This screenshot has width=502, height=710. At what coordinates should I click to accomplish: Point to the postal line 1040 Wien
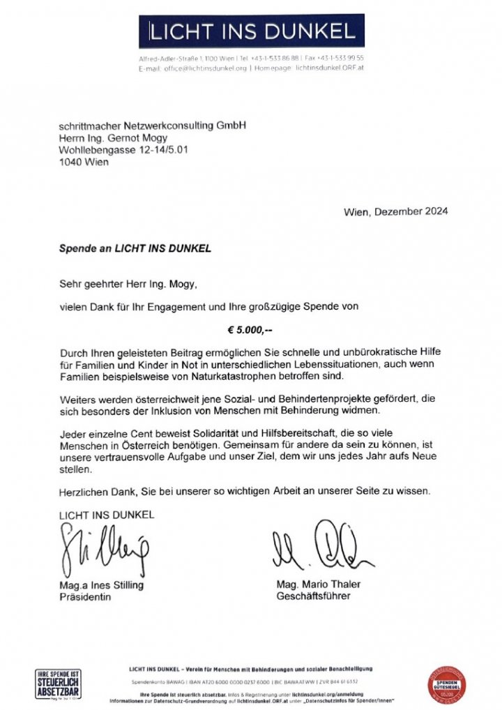tap(84, 163)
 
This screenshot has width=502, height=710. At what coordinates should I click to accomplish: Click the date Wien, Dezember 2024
tap(395, 211)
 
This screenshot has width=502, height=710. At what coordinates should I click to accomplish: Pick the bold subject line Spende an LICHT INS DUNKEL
tap(135, 248)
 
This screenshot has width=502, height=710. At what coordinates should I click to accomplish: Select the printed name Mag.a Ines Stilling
tap(101, 585)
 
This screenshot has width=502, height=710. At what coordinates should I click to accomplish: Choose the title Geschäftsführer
tap(313, 597)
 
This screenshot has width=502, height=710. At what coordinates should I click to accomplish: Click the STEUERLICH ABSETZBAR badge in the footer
tap(58, 685)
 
